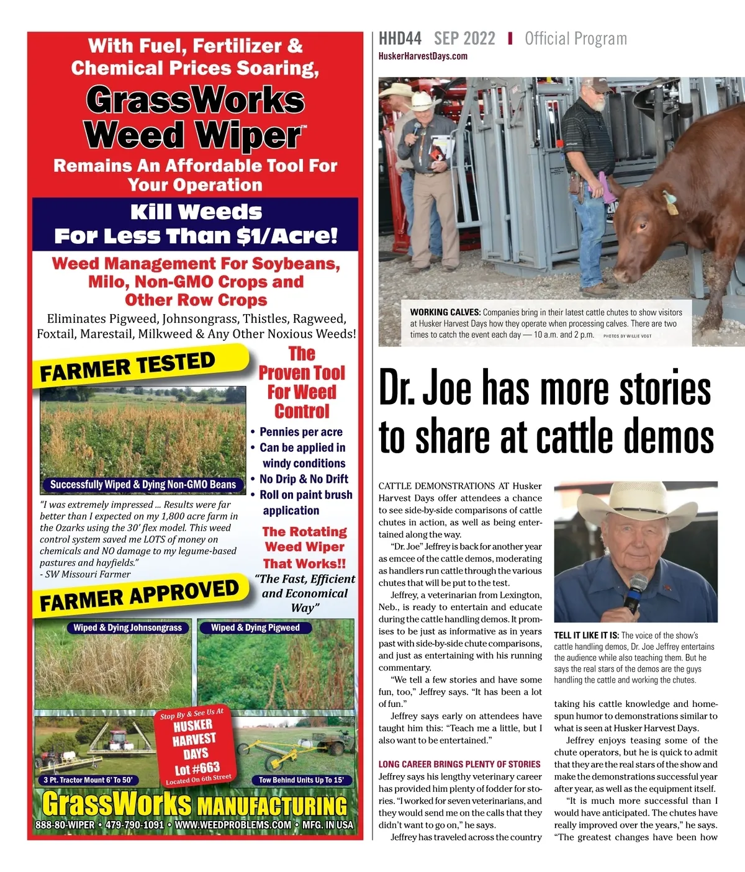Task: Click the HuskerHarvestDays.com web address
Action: (423, 56)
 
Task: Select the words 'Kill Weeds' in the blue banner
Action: (196, 212)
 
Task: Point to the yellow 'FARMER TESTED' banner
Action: (128, 367)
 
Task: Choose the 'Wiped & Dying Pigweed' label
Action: (255, 627)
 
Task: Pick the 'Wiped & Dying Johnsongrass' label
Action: (127, 627)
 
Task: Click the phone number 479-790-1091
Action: (135, 825)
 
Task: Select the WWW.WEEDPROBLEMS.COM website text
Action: (233, 825)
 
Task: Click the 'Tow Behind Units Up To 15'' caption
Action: (300, 780)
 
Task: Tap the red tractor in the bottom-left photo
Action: (117, 740)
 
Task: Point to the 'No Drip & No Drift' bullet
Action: (304, 479)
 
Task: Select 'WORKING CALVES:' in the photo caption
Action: (445, 312)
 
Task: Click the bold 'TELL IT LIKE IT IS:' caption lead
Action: (586, 636)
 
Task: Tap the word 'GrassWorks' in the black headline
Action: (196, 101)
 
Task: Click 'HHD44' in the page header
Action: (400, 39)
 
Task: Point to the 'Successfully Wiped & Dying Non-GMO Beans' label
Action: (143, 485)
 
